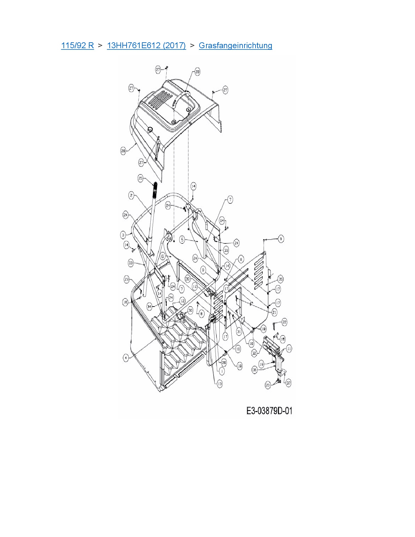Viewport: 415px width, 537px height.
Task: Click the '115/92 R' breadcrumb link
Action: tap(77, 45)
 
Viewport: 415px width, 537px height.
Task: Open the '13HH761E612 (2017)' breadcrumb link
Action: tap(146, 45)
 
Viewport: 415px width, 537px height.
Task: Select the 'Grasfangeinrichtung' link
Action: tap(235, 45)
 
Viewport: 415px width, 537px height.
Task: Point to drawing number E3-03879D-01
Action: tap(269, 411)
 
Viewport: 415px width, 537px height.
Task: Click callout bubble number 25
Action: tap(140, 178)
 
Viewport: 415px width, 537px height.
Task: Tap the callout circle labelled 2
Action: tap(131, 195)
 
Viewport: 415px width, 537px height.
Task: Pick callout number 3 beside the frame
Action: tap(123, 234)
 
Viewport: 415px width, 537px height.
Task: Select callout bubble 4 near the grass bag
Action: tap(126, 358)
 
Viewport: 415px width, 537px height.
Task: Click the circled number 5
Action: tap(182, 240)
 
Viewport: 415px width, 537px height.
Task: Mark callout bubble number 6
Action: tap(163, 256)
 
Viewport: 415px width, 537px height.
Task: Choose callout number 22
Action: tap(284, 322)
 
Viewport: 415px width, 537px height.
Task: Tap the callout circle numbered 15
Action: tap(282, 339)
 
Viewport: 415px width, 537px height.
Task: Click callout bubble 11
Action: tap(289, 348)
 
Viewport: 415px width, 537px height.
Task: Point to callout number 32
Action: tap(254, 353)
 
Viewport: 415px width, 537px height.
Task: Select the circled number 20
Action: tap(268, 385)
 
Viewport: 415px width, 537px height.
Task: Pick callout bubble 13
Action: tap(220, 384)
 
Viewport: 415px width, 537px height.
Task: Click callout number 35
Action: tap(280, 279)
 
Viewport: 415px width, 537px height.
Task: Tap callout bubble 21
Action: tap(274, 312)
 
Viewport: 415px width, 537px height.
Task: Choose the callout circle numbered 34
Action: tap(149, 306)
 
